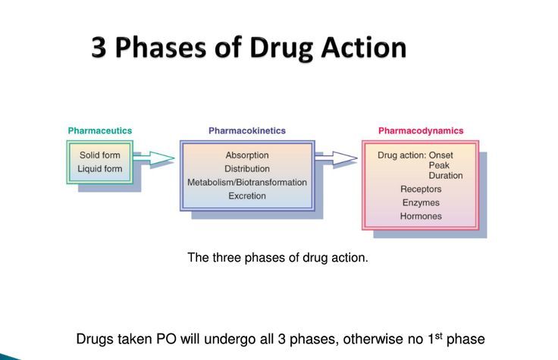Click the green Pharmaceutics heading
(x=99, y=131)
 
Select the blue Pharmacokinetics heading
(x=246, y=131)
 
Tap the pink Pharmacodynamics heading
(x=420, y=131)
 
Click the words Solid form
(x=100, y=155)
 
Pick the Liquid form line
(x=100, y=168)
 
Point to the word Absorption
(x=246, y=155)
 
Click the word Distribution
(x=246, y=168)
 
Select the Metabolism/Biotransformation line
(x=246, y=182)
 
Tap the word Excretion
(x=246, y=196)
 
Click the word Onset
(x=457, y=155)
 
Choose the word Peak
(x=440, y=165)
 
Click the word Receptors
(x=420, y=189)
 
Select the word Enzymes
(x=420, y=203)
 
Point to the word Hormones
(x=420, y=217)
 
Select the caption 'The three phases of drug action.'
(x=277, y=258)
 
